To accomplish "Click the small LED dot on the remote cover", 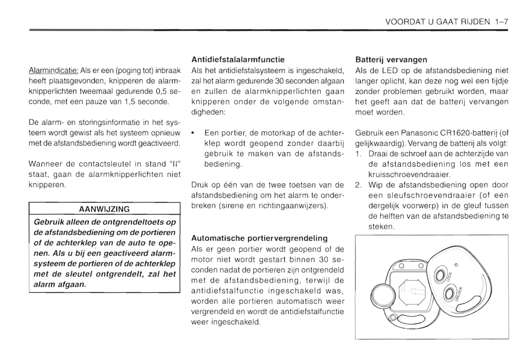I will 456,265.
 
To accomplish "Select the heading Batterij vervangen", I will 391,59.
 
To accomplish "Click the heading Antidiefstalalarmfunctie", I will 238,59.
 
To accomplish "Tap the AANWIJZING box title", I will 104,209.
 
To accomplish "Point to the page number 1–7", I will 501,22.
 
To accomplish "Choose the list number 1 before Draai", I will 358,154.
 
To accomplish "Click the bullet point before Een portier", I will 194,133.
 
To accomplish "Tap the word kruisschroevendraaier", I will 409,174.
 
